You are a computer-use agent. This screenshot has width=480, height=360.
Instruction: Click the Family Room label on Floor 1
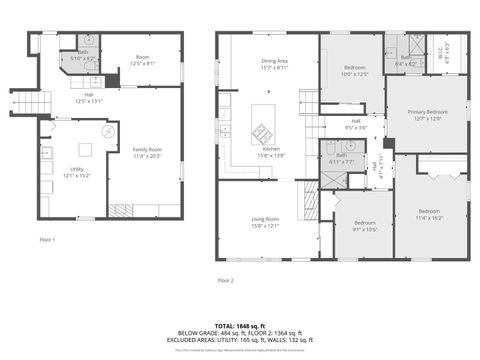[147, 153]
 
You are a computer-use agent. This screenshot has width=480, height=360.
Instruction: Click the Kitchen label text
[272, 152]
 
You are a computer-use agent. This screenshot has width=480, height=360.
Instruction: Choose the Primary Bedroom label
[426, 115]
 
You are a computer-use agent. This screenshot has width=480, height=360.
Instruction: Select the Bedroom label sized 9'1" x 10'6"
[363, 226]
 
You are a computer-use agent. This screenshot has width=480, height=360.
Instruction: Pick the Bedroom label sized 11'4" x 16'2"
[429, 214]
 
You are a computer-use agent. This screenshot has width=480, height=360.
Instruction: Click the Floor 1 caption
[48, 240]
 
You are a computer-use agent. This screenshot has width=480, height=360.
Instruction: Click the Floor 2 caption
[225, 280]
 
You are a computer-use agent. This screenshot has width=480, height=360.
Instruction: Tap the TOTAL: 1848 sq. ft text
[237, 326]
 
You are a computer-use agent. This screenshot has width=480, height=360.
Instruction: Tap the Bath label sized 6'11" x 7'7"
[341, 158]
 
